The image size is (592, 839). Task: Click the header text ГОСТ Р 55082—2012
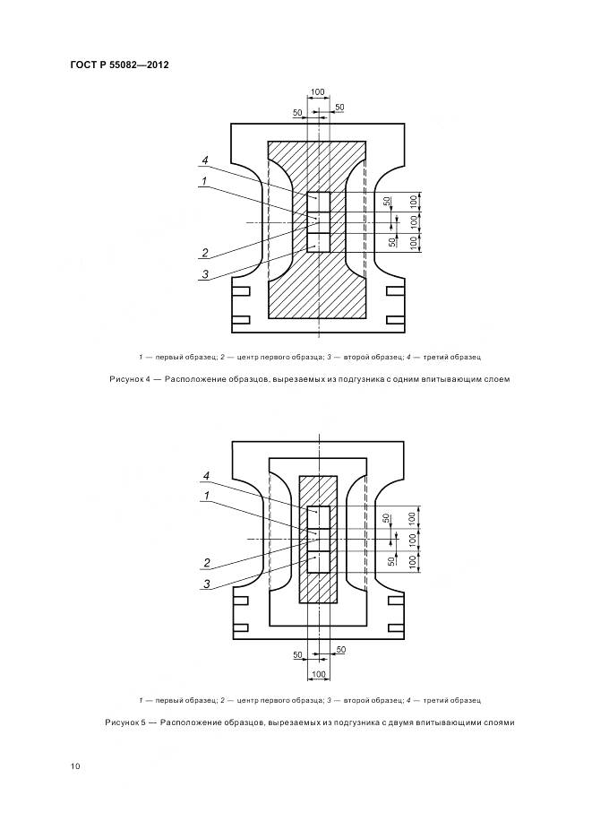coord(119,65)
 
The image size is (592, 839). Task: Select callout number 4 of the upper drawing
coord(205,160)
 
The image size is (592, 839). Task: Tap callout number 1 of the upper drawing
coord(205,181)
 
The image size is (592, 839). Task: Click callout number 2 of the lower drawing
coord(206,564)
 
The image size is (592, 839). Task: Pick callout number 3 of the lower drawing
coord(206,584)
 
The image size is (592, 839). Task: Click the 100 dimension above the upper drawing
coord(318,92)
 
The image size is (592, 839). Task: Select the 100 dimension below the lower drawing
coord(318,673)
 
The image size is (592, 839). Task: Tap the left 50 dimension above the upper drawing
coord(297,112)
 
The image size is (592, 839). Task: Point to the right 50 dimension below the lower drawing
coord(339,649)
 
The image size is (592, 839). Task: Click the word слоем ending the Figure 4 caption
coord(495,379)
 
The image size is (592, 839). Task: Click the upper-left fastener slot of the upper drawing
coord(240,291)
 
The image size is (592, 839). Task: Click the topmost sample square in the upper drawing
coord(318,201)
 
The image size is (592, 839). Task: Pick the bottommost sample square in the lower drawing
coord(319,563)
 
